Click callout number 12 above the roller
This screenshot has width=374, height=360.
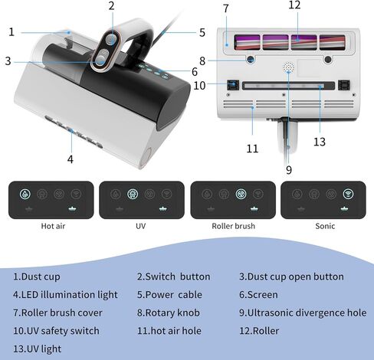point(294,5)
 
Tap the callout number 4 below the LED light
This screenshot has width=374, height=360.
point(71,159)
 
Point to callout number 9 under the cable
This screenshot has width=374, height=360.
point(289,170)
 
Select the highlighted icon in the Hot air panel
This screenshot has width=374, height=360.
point(25,194)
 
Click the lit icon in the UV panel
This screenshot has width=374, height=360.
point(133,194)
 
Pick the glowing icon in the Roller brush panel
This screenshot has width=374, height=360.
point(241,194)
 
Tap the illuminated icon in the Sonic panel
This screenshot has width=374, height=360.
point(348,194)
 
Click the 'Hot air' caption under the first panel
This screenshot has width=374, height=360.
point(53,226)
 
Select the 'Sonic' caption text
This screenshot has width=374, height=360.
point(325,226)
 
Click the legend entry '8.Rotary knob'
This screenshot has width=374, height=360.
point(169,313)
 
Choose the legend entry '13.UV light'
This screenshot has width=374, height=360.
point(38,349)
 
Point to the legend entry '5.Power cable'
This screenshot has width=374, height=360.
point(169,295)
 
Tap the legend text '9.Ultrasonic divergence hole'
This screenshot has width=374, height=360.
point(303,313)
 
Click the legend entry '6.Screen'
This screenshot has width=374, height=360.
point(258,295)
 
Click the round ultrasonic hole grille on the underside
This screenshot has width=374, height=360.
point(288,67)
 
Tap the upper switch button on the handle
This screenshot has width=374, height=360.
point(110,40)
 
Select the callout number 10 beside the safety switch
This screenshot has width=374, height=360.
point(199,86)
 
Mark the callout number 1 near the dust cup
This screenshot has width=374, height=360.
point(11,32)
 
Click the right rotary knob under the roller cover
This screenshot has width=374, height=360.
point(328,60)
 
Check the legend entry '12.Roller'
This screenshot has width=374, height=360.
point(259,331)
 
